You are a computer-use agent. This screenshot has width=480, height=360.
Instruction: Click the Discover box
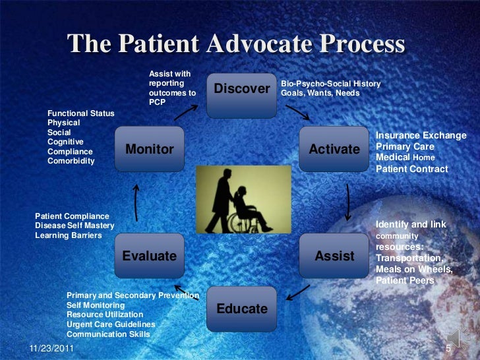(x=242, y=88)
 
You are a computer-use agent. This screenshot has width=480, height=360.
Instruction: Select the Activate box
(x=334, y=149)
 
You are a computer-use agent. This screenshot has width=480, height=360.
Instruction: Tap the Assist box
(x=334, y=256)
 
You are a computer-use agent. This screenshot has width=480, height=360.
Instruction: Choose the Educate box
(x=242, y=309)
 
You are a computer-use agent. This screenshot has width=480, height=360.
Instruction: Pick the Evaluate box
(x=149, y=256)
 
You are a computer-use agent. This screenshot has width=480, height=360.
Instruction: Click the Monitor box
(x=149, y=149)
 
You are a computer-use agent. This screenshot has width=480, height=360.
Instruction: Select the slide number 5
(x=448, y=349)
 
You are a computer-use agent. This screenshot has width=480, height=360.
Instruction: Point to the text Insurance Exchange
(x=421, y=136)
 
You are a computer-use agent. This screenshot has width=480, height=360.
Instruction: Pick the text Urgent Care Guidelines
(x=111, y=325)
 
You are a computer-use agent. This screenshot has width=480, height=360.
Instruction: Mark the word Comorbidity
(x=71, y=161)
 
